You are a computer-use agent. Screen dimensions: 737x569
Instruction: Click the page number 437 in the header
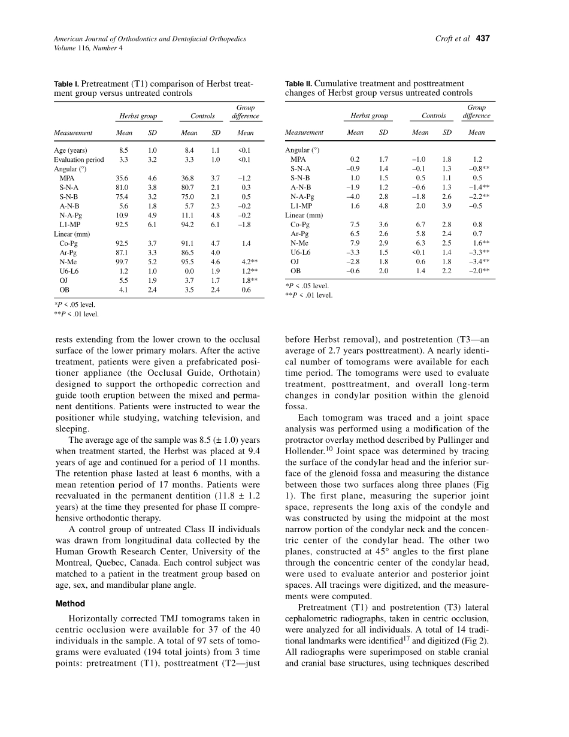483,39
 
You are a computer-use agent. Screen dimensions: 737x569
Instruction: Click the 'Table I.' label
66,84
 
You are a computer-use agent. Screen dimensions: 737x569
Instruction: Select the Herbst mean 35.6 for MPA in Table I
122,178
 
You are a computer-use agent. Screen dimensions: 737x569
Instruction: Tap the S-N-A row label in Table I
69,188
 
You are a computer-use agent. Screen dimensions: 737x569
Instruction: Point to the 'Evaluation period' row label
79,160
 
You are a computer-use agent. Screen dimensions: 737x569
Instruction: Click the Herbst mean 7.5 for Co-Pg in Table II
355,225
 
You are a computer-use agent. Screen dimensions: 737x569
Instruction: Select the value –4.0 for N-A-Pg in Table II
353,197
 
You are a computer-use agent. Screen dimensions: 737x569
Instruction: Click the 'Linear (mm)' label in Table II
304,215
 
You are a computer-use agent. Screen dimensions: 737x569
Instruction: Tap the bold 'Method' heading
70,603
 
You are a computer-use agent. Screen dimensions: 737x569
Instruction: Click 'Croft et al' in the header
452,39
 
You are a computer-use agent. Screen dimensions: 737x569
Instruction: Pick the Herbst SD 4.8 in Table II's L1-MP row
384,206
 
